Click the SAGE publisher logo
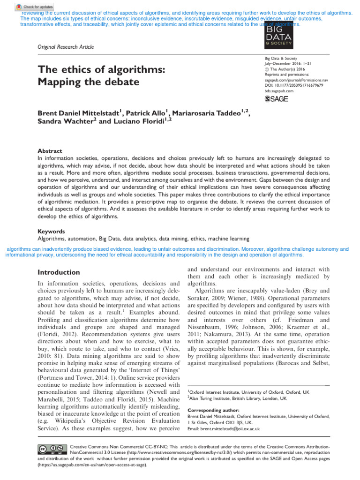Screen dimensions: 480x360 [277, 98]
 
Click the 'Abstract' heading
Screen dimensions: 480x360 [50, 151]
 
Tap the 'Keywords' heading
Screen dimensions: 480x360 [52, 232]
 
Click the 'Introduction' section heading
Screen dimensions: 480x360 [58, 272]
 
